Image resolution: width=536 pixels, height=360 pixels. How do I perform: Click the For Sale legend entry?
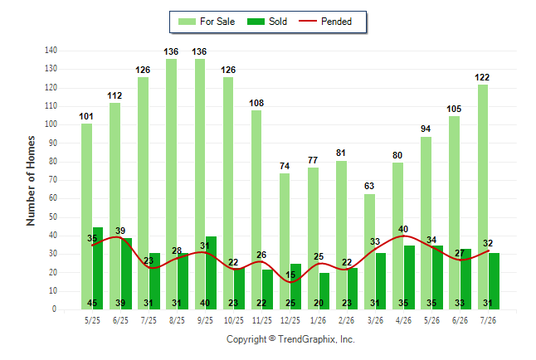pyautogui.click(x=207, y=22)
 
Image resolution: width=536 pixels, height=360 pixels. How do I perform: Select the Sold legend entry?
pyautogui.click(x=267, y=22)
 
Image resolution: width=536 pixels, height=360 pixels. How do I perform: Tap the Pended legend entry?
pyautogui.click(x=325, y=22)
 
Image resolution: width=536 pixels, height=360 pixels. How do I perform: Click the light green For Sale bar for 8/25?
pyautogui.click(x=171, y=184)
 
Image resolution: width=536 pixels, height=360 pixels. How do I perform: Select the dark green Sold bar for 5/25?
pyautogui.click(x=98, y=269)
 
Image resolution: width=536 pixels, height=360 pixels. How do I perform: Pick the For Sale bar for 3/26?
pyautogui.click(x=369, y=251)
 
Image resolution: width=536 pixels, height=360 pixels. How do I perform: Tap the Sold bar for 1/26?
pyautogui.click(x=324, y=291)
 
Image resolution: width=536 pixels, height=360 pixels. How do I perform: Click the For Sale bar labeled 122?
pyautogui.click(x=483, y=197)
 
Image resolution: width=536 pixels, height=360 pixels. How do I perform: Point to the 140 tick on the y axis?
pyautogui.click(x=51, y=51)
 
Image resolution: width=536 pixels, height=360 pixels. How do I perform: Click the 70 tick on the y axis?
pyautogui.click(x=52, y=180)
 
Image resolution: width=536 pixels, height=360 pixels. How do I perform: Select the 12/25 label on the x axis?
pyautogui.click(x=290, y=320)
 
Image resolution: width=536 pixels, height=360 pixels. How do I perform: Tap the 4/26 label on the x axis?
pyautogui.click(x=403, y=320)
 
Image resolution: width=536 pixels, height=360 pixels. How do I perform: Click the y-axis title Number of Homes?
pyautogui.click(x=31, y=181)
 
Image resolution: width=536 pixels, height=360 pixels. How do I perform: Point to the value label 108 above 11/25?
pyautogui.click(x=256, y=103)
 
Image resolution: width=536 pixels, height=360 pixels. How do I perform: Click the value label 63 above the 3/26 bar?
pyautogui.click(x=369, y=186)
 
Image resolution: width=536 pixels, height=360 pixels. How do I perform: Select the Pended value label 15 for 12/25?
pyautogui.click(x=290, y=275)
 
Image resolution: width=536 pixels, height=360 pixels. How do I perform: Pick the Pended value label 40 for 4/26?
pyautogui.click(x=403, y=229)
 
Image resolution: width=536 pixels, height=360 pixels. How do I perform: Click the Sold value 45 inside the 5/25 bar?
pyautogui.click(x=92, y=303)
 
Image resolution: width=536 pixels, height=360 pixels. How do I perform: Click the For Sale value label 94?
pyautogui.click(x=426, y=129)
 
